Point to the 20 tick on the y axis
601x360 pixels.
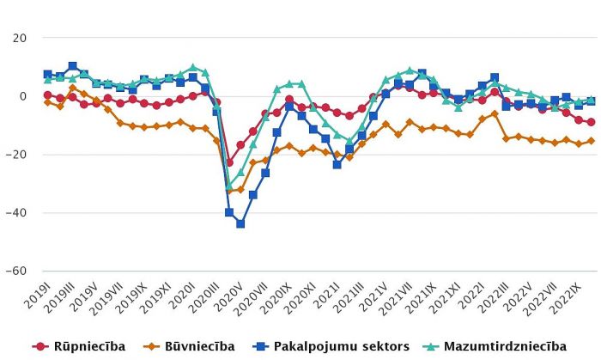coord(19,39)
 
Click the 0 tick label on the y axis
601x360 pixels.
coord(23,96)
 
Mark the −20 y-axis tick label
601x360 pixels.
coord(16,155)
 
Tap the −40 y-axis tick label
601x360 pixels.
coord(16,212)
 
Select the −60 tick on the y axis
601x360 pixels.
coord(16,271)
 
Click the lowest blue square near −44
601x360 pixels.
coord(241,223)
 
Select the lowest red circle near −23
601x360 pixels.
coord(229,162)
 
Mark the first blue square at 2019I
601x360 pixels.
coord(48,74)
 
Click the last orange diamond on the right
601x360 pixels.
coord(591,141)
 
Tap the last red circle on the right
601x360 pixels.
coord(591,122)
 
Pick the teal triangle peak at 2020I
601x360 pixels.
coord(193,67)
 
